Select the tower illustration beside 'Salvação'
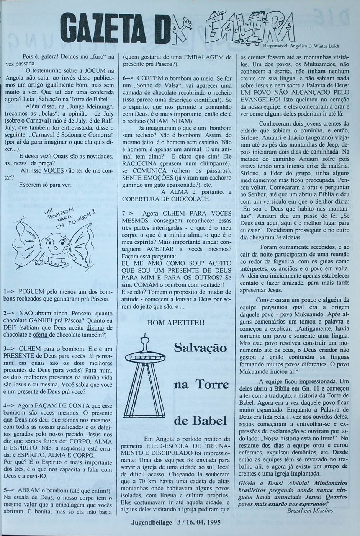[146, 375]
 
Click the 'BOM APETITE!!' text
[176, 323]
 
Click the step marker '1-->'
[9, 291]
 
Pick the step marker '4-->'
[9, 405]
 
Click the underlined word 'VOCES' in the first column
[53, 170]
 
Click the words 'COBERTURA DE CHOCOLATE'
[165, 199]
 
